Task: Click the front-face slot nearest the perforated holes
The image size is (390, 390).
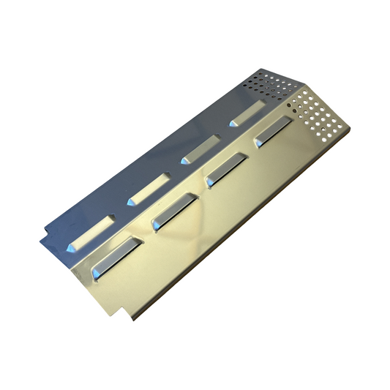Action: click(x=271, y=133)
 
